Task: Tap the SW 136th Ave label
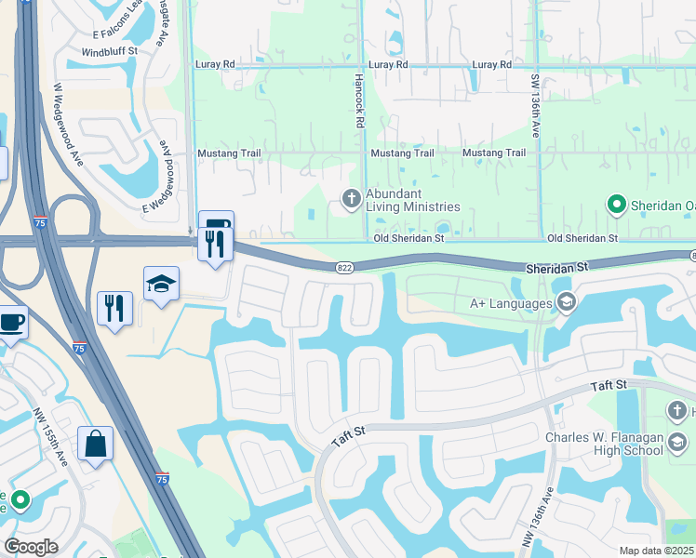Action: (535, 106)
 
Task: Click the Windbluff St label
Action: (110, 52)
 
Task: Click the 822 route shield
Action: (344, 268)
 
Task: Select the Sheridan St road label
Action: (558, 266)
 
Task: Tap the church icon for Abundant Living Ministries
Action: (351, 196)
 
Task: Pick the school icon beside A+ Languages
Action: (566, 301)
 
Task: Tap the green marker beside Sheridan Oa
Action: (615, 204)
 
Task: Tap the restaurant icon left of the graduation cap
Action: (114, 307)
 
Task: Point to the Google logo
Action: (31, 547)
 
